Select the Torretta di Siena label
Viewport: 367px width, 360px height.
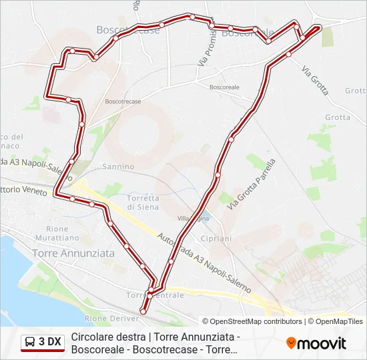[x=143, y=202]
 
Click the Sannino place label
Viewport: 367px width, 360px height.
[x=119, y=167]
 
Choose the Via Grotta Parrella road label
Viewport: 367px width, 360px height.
[x=251, y=185]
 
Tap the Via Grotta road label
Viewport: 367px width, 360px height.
[x=315, y=78]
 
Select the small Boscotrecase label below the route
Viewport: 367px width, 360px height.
[x=123, y=101]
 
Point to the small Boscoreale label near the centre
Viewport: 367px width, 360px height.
[x=224, y=87]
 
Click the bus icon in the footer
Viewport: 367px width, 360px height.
[x=30, y=342]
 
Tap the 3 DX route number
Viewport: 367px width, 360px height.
[x=50, y=342]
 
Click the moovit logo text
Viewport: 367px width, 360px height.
[x=322, y=343]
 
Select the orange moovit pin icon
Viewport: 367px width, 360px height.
[x=291, y=343]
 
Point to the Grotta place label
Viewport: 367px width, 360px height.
[x=338, y=117]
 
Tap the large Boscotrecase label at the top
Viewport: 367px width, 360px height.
[x=128, y=30]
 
